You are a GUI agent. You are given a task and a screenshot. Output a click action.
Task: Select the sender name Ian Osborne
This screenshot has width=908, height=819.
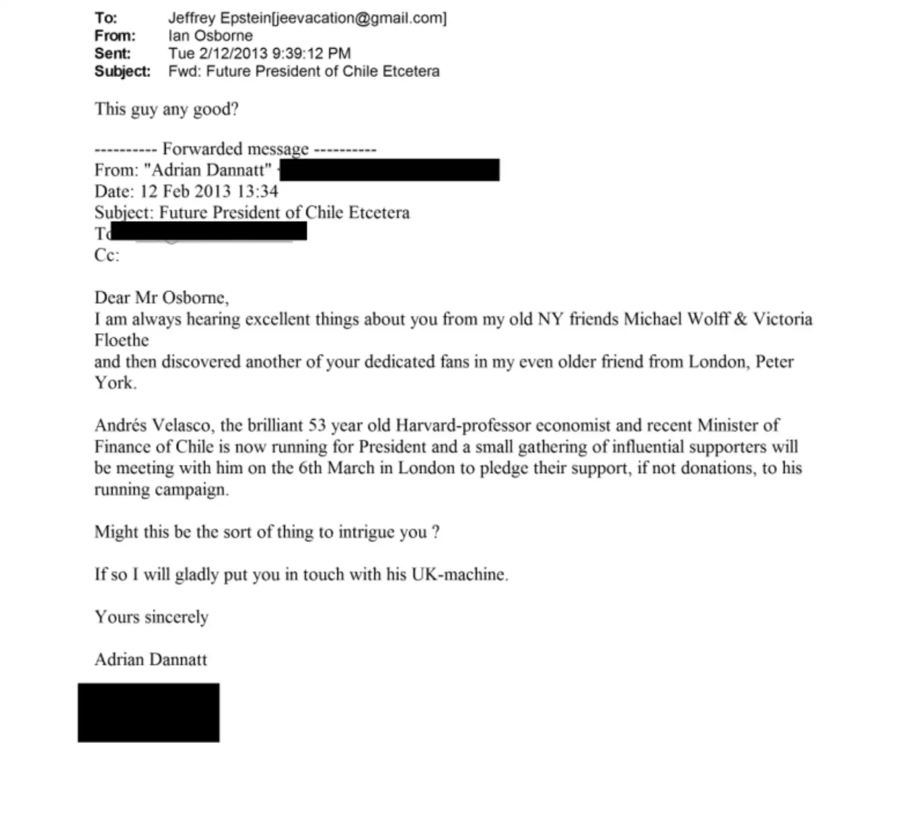tap(211, 36)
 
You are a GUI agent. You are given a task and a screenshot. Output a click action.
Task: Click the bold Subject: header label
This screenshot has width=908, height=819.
tap(122, 72)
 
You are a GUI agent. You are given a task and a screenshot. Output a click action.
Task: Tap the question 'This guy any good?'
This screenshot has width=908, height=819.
tap(167, 109)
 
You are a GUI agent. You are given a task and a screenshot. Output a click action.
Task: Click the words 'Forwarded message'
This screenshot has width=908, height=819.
tap(235, 149)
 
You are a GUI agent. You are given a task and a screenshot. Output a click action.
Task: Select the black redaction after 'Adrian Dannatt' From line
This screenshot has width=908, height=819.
tap(389, 170)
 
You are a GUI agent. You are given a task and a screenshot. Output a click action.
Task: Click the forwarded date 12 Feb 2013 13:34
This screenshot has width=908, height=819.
tap(209, 191)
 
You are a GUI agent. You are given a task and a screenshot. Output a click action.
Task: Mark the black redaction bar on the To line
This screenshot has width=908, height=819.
tap(209, 231)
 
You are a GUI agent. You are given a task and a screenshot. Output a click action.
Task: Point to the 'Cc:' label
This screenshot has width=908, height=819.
tap(106, 255)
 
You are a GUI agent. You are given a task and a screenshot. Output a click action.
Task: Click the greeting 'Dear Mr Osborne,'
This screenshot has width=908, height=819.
tap(161, 298)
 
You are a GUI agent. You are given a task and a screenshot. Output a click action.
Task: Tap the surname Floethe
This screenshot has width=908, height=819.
tap(121, 340)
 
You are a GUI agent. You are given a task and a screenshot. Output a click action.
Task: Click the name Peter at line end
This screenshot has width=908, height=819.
tap(774, 362)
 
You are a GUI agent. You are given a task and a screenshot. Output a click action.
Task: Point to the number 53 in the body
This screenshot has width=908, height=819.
tap(317, 425)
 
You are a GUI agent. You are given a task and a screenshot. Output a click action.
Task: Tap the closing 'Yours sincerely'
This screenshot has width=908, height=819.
tap(152, 617)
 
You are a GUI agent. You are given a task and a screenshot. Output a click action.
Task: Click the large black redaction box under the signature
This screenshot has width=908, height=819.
tap(149, 713)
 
